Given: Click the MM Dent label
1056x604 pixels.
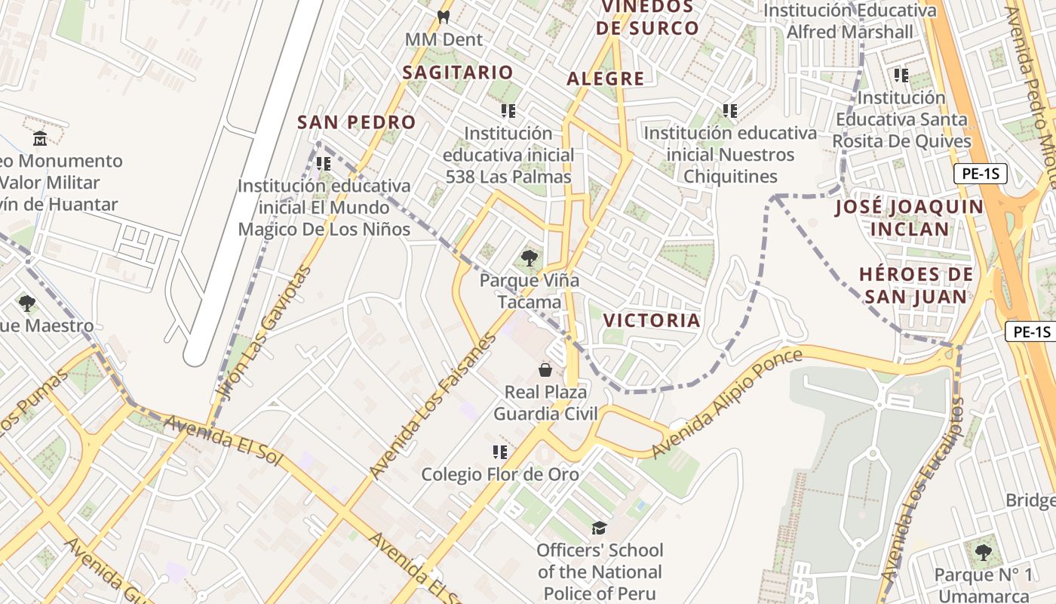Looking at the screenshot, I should [444, 39].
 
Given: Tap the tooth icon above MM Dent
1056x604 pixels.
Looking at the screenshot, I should [444, 16].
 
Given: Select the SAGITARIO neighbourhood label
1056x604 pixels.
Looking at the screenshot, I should [457, 72].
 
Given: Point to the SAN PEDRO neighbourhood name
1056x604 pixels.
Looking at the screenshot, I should [356, 122].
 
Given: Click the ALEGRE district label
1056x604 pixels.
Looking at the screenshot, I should [606, 79].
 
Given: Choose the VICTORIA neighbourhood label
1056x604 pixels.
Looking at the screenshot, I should [652, 320].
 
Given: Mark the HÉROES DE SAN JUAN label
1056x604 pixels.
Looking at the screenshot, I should [916, 285].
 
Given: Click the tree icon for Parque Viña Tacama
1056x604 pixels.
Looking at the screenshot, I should [530, 258].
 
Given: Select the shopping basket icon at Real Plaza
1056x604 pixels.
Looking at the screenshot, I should [545, 370].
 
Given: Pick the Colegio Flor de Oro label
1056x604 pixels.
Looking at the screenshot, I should [500, 474].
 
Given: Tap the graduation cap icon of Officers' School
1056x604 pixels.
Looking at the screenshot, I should [599, 528].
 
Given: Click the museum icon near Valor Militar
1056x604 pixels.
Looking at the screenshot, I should [40, 138].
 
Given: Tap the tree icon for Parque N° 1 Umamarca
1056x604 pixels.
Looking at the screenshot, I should [982, 553].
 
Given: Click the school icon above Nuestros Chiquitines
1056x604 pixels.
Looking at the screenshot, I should [729, 111].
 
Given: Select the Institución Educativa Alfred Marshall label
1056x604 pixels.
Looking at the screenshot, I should [850, 21].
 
